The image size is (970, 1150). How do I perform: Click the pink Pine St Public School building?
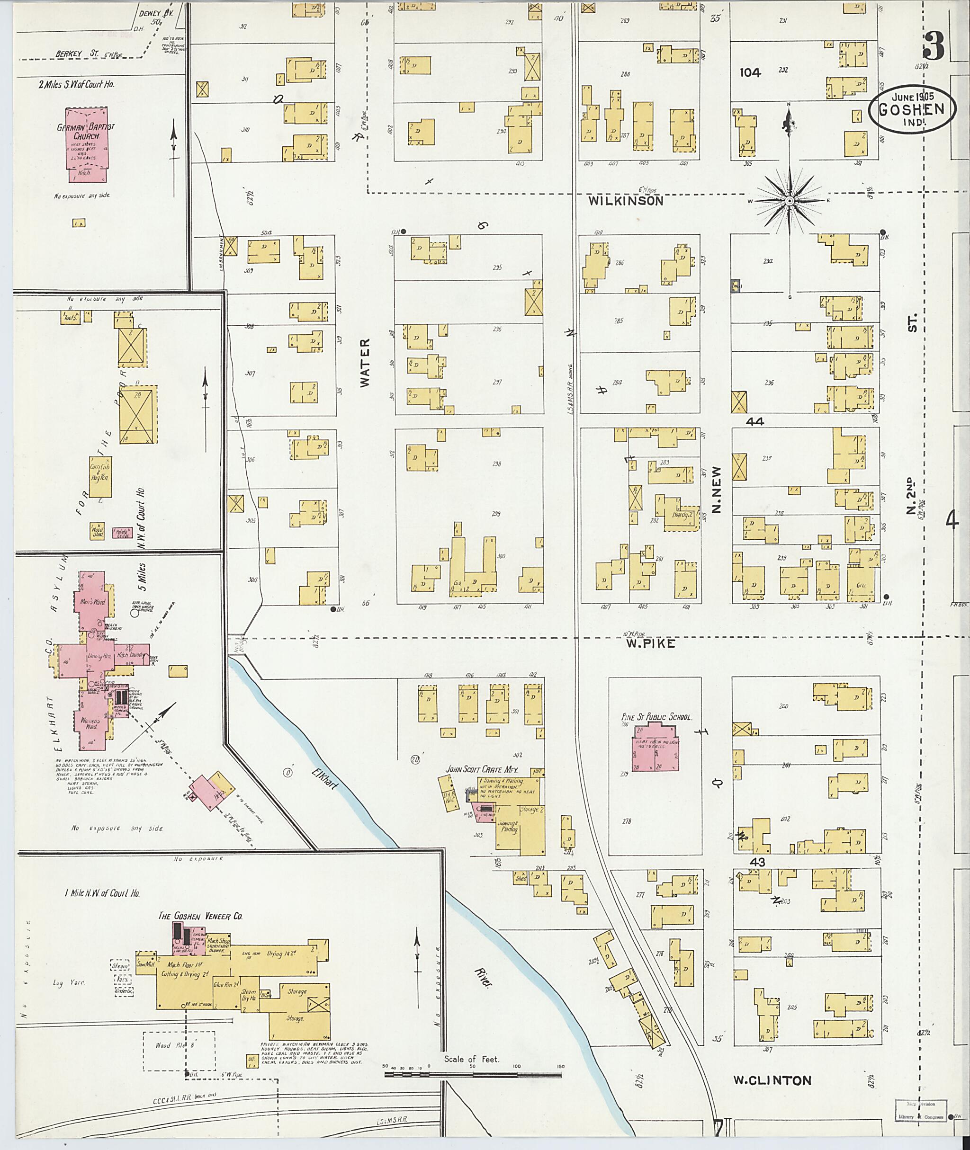[x=655, y=749]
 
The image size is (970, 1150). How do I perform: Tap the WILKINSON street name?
[x=625, y=201]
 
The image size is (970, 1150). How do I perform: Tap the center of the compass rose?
[x=789, y=201]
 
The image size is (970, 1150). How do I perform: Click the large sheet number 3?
[x=933, y=47]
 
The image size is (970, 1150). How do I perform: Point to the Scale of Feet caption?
[x=472, y=1059]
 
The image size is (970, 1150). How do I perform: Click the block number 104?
[x=750, y=72]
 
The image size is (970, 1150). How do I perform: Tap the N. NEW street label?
[x=716, y=490]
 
